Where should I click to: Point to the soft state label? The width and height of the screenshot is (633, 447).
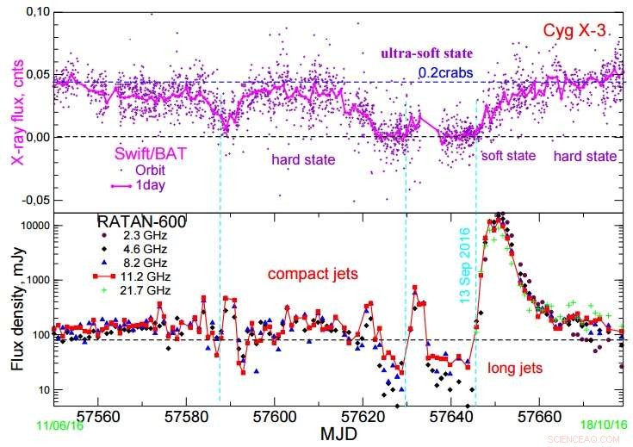pos(508,156)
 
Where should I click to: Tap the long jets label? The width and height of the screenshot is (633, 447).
pos(516,368)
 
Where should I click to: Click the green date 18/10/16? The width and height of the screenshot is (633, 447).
pos(603,423)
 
